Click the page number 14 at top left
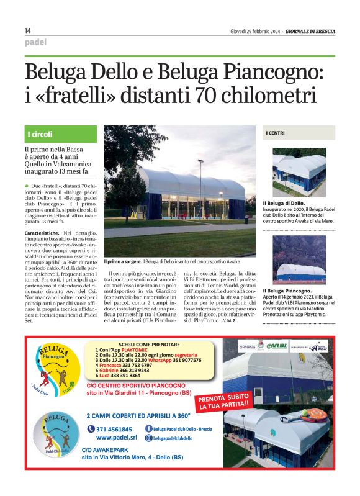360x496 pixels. click(x=28, y=30)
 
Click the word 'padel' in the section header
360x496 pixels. click(x=36, y=42)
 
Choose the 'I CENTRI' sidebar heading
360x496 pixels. click(x=276, y=133)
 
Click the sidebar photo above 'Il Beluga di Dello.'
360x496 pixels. click(x=299, y=172)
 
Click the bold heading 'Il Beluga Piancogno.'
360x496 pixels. click(x=287, y=291)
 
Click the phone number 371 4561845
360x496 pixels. click(x=114, y=430)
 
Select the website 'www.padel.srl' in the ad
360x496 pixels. click(x=112, y=438)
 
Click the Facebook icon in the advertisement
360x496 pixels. click(x=148, y=428)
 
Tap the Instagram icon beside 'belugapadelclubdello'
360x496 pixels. click(x=148, y=438)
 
